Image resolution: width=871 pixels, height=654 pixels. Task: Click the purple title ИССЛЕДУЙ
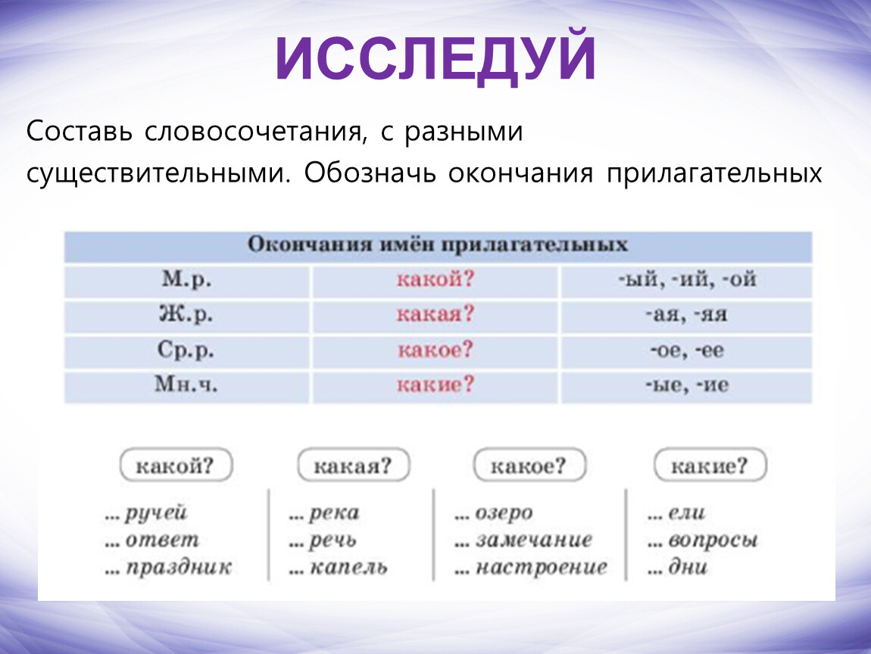point(435,58)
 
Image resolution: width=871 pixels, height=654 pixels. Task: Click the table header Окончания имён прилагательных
point(438,244)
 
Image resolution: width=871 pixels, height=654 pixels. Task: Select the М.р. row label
point(186,279)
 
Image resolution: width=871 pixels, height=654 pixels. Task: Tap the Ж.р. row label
point(186,314)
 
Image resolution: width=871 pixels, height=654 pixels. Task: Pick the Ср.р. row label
point(186,350)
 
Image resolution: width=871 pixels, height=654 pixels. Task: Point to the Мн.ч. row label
point(186,385)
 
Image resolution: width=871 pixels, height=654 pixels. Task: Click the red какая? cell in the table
point(435,314)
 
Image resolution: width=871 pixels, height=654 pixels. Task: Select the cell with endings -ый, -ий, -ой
point(687,279)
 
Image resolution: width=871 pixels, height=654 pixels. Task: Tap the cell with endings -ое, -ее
point(687,350)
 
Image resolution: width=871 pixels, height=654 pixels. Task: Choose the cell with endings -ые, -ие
point(687,385)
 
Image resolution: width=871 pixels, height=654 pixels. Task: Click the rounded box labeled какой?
point(176,466)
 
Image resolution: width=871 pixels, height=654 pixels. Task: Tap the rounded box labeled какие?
point(710,466)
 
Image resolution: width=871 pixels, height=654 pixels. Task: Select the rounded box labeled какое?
point(529,466)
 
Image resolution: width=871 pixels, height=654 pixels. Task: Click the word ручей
point(156,513)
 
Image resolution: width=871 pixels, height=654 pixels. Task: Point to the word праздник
point(179,568)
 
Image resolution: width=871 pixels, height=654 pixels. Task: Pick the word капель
point(348,568)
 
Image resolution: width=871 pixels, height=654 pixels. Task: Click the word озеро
point(504,513)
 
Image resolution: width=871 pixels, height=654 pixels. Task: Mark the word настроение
point(541,567)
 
